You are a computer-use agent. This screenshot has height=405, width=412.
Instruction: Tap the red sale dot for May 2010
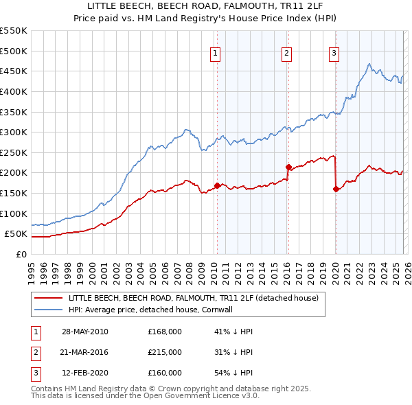coord(217,185)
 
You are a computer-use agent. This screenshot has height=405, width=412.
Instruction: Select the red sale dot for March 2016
coord(288,166)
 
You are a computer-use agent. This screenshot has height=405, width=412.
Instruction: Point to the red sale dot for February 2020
coord(336,189)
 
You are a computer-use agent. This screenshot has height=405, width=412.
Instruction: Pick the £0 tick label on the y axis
coord(22,254)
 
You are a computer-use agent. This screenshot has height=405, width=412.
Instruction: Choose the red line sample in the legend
coord(48,299)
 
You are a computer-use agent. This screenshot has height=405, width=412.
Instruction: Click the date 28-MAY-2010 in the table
coord(84,332)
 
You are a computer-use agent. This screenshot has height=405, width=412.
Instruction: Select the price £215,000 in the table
coord(165,352)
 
